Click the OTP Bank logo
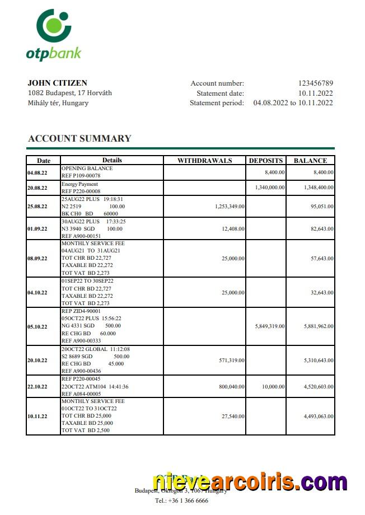[x=54, y=34]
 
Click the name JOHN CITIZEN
[x=57, y=83]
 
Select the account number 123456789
[x=315, y=83]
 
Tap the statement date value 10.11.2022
[x=315, y=93]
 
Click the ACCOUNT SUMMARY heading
[x=79, y=138]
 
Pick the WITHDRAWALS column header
[x=204, y=160]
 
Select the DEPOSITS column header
[x=266, y=160]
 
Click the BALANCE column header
[x=310, y=160]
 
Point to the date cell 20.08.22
[x=38, y=188]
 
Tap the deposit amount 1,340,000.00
[x=270, y=188]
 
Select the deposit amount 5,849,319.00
[x=270, y=326]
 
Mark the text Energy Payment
[x=79, y=184]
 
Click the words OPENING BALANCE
[x=87, y=168]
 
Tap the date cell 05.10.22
[x=38, y=326]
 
